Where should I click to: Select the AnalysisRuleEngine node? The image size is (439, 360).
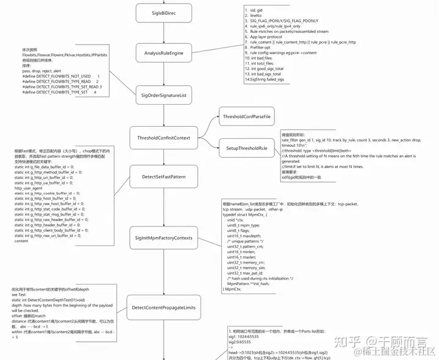pyautogui.click(x=163, y=53)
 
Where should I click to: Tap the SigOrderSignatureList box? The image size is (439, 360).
pyautogui.click(x=163, y=95)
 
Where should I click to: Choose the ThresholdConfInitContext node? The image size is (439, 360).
pyautogui.click(x=163, y=138)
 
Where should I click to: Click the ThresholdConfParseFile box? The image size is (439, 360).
pyautogui.click(x=246, y=116)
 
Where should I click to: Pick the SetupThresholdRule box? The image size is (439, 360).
pyautogui.click(x=246, y=148)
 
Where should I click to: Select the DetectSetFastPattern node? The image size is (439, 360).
pyautogui.click(x=163, y=177)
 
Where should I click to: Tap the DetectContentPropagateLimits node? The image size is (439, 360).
pyautogui.click(x=163, y=308)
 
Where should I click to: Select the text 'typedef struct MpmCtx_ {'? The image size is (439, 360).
pyautogui.click(x=244, y=215)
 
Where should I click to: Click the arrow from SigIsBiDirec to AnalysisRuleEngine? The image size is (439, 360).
pyautogui.click(x=163, y=31)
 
